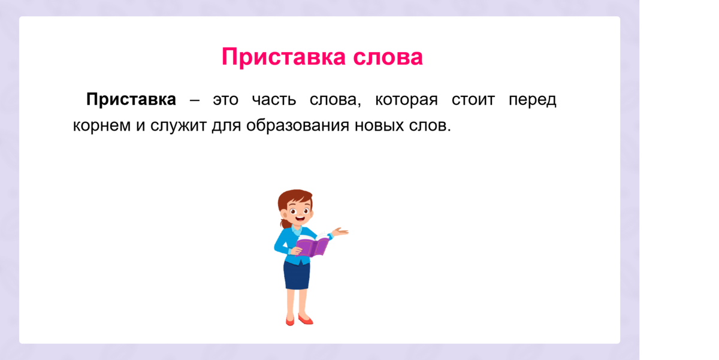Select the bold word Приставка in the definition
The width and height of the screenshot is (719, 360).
click(x=131, y=99)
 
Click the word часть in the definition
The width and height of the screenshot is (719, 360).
click(x=274, y=100)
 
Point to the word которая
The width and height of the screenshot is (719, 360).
click(x=406, y=100)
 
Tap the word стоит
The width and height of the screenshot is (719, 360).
click(x=473, y=100)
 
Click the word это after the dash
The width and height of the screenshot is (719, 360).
click(x=225, y=100)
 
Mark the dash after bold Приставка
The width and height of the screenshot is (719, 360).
click(x=195, y=100)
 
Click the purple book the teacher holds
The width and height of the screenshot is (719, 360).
click(x=313, y=246)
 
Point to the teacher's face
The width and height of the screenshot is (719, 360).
click(x=297, y=212)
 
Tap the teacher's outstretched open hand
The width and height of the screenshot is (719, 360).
click(x=341, y=232)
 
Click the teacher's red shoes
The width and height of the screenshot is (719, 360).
click(x=299, y=320)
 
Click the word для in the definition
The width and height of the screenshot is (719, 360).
click(x=225, y=127)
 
